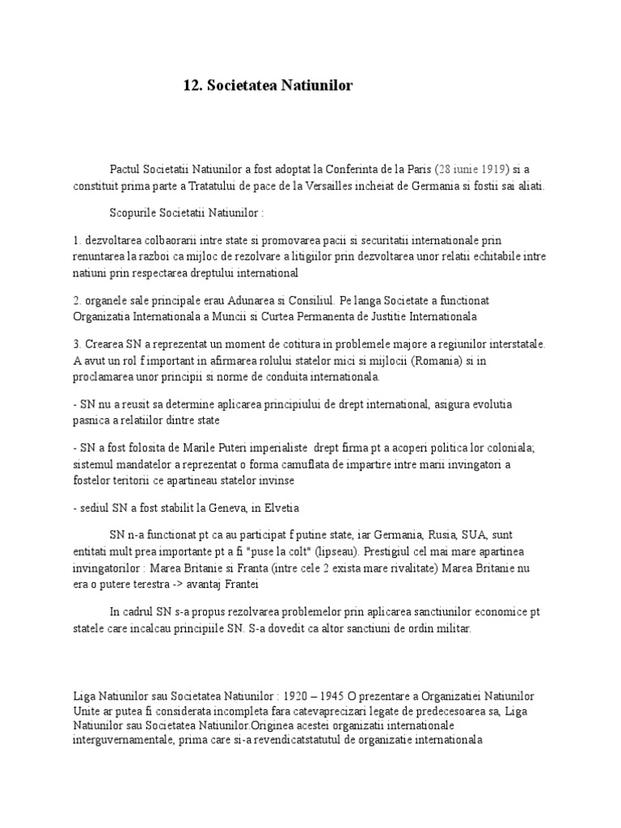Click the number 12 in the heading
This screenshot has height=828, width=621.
pos(192,85)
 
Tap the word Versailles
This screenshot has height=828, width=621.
pos(367,184)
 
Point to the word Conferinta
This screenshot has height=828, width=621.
pos(360,169)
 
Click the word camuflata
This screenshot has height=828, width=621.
pos(310,464)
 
